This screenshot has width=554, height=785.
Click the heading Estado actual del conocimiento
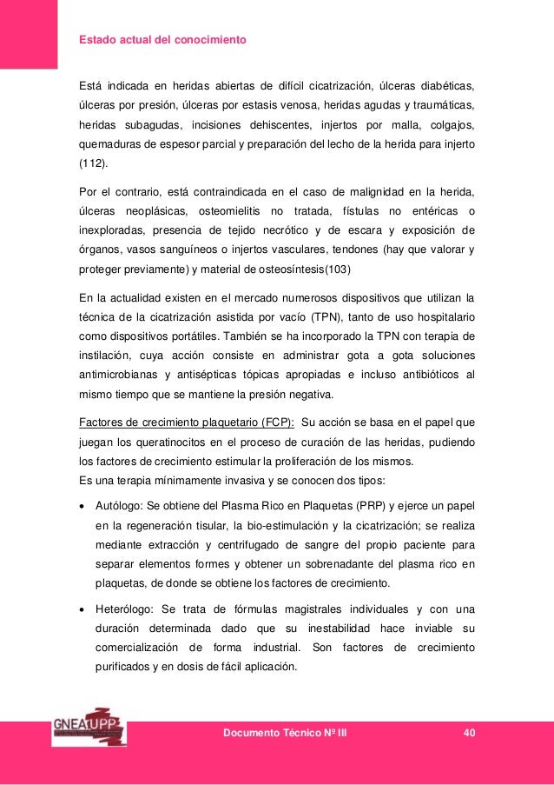[x=163, y=40]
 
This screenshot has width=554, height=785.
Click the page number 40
[x=470, y=734]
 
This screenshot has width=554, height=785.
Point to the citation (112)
[x=92, y=163]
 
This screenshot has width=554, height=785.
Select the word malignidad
[x=351, y=190]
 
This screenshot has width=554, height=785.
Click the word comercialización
[x=136, y=648]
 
